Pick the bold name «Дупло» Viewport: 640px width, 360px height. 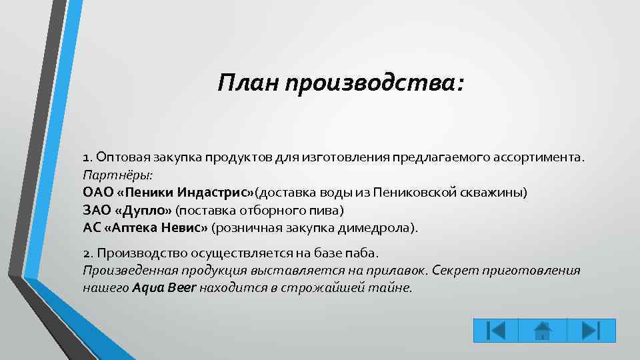click(x=148, y=210)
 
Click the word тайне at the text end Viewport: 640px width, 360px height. click(x=395, y=288)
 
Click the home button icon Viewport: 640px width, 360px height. click(x=542, y=330)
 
